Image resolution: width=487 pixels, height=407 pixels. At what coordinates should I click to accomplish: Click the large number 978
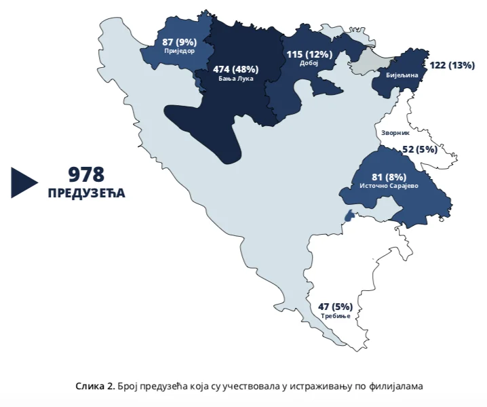point(86,174)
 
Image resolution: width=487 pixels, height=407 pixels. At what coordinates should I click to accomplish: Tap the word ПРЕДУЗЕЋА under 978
point(86,193)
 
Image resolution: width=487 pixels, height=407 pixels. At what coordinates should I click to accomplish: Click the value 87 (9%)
point(179,42)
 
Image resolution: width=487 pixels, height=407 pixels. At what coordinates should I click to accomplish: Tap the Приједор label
point(179,51)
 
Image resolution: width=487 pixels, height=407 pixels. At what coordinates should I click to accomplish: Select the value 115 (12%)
point(309,54)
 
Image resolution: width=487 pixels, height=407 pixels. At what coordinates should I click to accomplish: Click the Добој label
point(309,63)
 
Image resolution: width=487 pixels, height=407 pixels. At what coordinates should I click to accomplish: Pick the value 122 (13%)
point(452,65)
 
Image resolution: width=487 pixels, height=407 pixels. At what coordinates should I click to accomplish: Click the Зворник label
point(396,134)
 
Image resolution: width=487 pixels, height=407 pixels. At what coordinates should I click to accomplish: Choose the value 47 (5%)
point(335,307)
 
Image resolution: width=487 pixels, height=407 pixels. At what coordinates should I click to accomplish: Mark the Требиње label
point(335,316)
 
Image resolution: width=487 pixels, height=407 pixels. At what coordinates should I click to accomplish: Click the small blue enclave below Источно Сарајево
point(349,216)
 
